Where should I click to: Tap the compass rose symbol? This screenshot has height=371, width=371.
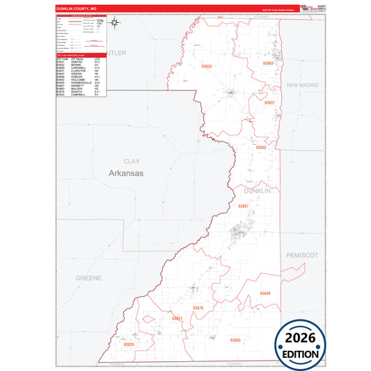tap(116, 22)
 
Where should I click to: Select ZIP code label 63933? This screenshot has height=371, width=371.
tap(207, 66)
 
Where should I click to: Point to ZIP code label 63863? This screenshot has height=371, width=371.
tap(268, 63)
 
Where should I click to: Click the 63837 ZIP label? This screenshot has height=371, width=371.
tap(269, 102)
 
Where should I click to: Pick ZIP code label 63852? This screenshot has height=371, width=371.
tap(260, 148)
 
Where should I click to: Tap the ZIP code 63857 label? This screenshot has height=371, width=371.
tap(243, 206)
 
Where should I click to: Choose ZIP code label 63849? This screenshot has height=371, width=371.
tap(265, 293)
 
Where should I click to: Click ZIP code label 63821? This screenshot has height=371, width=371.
tap(176, 318)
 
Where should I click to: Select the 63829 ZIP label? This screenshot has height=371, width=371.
tap(129, 345)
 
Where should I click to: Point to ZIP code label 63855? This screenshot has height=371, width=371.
tap(235, 340)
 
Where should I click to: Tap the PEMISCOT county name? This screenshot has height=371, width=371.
tap(301, 255)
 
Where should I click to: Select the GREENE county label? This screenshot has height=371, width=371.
tap(88, 277)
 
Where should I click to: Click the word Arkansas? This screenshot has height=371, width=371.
tap(126, 173)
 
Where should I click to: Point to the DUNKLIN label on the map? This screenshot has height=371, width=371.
tap(258, 189)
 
